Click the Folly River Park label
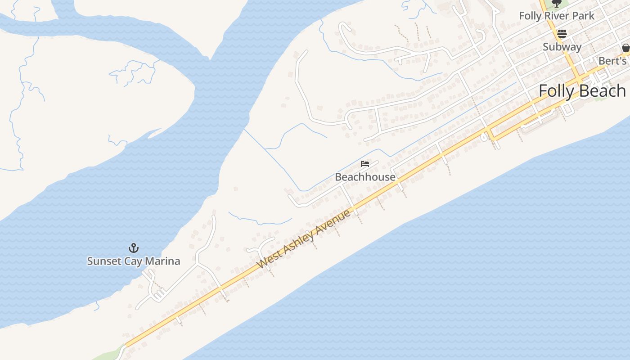click(x=556, y=16)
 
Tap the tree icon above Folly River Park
click(x=557, y=3)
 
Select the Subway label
click(x=562, y=47)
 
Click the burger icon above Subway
click(x=562, y=34)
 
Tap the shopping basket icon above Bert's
click(x=625, y=48)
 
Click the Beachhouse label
click(x=365, y=177)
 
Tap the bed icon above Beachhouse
click(x=365, y=164)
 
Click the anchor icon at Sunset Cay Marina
click(x=133, y=248)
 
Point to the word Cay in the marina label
click(x=133, y=261)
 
